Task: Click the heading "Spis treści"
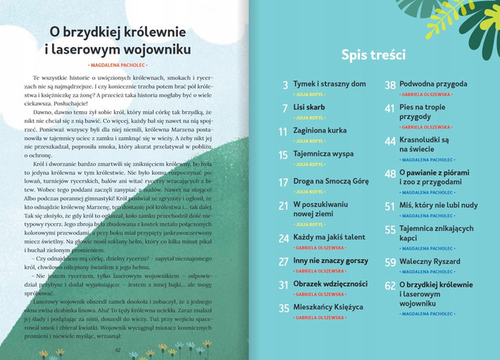[x=373, y=54]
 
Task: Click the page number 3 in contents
[x=285, y=85]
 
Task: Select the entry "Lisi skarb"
[x=309, y=107]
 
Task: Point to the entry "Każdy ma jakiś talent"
[x=329, y=236]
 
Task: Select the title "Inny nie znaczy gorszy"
[x=330, y=260]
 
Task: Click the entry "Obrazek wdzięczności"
[x=330, y=284]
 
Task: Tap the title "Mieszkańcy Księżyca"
[x=328, y=307]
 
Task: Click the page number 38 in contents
[x=390, y=85]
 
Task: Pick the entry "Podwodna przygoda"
[x=433, y=84]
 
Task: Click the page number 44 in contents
[x=390, y=141]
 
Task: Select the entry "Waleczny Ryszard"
[x=430, y=261]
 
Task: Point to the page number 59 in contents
[x=390, y=262]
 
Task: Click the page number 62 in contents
[x=390, y=287]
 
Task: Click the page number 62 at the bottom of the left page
[x=117, y=351]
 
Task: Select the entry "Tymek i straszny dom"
[x=329, y=84]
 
